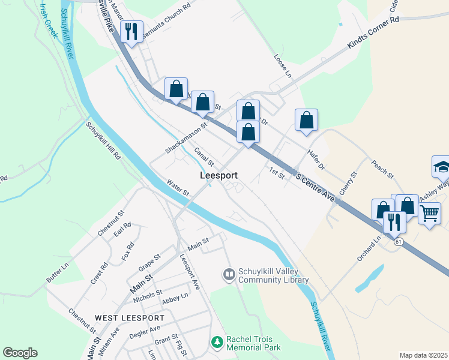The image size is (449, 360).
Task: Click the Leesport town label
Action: [x=218, y=176]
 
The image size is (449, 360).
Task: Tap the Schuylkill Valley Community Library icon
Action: [x=229, y=275]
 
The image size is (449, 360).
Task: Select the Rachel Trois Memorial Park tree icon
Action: [x=217, y=343]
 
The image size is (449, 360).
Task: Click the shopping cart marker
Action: [x=429, y=213]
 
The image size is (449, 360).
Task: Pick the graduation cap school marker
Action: [x=441, y=166]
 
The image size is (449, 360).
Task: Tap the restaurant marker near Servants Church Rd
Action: [x=131, y=30]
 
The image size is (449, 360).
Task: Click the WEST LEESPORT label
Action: [x=129, y=317]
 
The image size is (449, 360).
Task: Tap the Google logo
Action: [x=20, y=353]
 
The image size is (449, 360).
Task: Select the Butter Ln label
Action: [x=58, y=272]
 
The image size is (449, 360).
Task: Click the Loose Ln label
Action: [x=282, y=67]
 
